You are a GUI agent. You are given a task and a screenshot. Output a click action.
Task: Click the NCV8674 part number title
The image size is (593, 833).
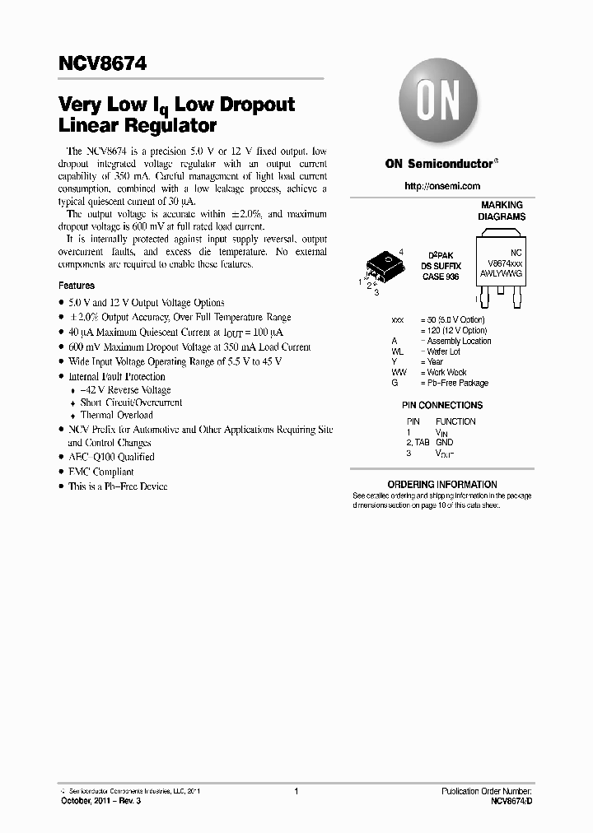pos(103,63)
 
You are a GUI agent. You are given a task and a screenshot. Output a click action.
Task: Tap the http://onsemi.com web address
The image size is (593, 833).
pos(442,187)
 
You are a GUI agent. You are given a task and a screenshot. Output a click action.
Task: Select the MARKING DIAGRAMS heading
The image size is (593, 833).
pos(502,211)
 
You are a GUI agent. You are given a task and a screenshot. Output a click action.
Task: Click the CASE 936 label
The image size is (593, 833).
pos(441,277)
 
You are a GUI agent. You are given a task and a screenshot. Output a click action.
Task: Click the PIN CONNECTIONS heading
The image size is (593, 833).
pos(441,405)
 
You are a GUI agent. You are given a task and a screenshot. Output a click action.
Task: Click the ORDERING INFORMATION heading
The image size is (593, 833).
pos(442,484)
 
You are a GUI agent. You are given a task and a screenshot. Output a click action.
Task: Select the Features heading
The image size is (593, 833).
pos(77,286)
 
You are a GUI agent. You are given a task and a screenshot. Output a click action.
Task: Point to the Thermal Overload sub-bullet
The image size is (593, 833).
pos(116,415)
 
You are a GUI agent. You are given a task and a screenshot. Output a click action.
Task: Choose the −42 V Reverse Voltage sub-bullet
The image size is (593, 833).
pos(125,390)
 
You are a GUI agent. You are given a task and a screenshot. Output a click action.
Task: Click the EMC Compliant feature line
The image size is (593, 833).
pos(100,472)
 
